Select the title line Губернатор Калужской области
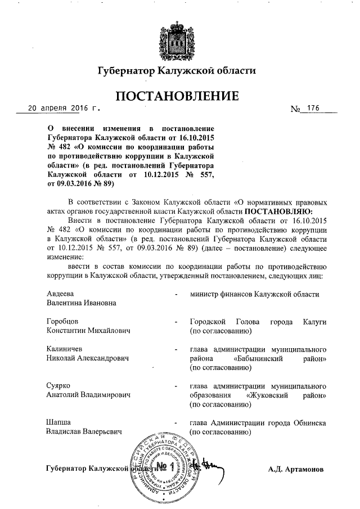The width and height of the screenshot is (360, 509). click(x=177, y=71)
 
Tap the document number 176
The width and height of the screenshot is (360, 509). click(x=313, y=108)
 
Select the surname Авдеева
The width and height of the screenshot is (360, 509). click(x=60, y=294)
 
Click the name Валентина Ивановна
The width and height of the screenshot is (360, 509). click(x=82, y=303)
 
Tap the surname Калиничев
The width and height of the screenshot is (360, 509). click(x=65, y=349)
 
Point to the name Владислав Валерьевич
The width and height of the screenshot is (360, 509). click(x=84, y=432)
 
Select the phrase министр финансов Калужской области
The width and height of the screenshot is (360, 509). click(x=254, y=294)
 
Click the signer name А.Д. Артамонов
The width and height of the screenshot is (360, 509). click(x=295, y=468)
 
